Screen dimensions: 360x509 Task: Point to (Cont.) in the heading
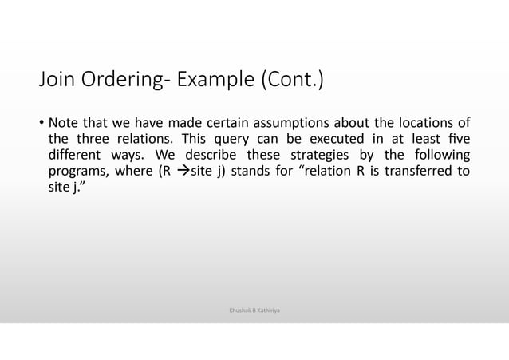(x=288, y=82)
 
